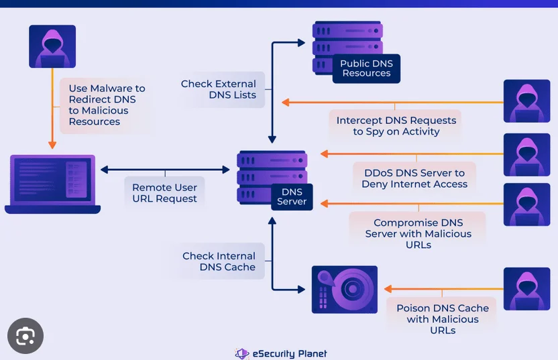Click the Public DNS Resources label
coord(366,68)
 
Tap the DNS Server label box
coord(292,197)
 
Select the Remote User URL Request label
coord(164,193)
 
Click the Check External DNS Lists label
coord(219,90)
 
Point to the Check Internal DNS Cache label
coord(219,261)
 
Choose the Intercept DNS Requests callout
coord(396,125)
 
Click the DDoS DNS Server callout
coord(414,178)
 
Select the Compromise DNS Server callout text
coord(418,233)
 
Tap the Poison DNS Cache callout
coord(442,318)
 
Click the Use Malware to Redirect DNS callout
coord(107,105)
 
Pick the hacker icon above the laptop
coord(52,46)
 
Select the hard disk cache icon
coord(345,290)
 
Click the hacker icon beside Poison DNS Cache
coord(526,290)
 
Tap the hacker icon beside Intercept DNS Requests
coord(526,101)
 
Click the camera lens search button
coord(25,335)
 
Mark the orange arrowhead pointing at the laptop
coord(52,144)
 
